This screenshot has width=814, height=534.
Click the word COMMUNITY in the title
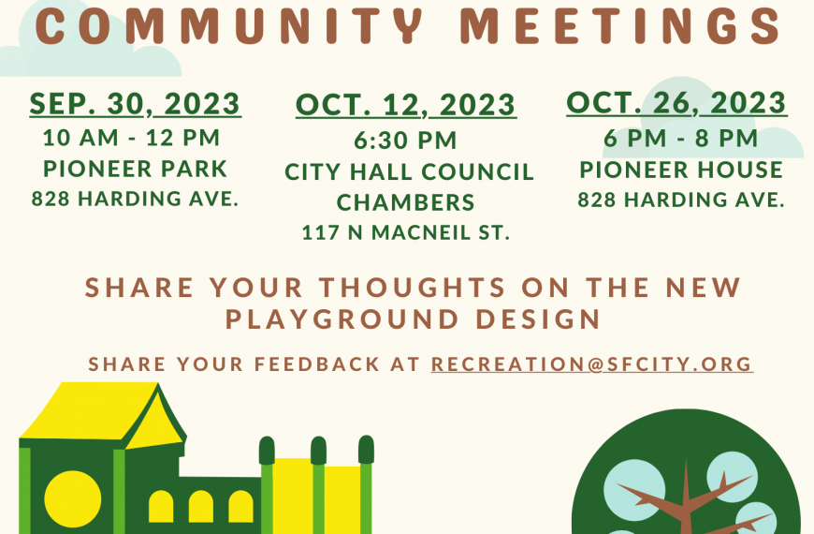[x=228, y=25]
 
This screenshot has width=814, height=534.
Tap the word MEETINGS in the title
[x=620, y=25]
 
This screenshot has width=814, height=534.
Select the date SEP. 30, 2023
[x=136, y=103]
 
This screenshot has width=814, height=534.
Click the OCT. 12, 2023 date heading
[x=406, y=105]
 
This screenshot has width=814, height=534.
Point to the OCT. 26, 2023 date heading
[x=677, y=102]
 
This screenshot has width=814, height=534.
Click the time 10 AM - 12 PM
[x=132, y=138]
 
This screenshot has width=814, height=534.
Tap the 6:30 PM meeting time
[x=405, y=141]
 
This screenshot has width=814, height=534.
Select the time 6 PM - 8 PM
[x=680, y=139]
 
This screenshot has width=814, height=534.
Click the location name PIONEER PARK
[x=136, y=169]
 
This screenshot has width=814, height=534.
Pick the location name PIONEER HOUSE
[x=681, y=170]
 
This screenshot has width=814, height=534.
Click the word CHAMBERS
[x=405, y=202]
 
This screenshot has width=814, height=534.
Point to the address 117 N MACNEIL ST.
[x=406, y=232]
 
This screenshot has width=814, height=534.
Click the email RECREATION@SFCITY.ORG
[x=592, y=364]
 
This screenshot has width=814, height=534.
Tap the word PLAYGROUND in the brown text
[x=342, y=319]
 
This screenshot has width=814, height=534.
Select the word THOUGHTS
[x=413, y=288]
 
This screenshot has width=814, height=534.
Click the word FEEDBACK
[x=317, y=364]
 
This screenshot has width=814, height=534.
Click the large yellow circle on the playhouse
[x=73, y=499]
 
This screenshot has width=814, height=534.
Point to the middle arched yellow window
[x=201, y=506]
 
